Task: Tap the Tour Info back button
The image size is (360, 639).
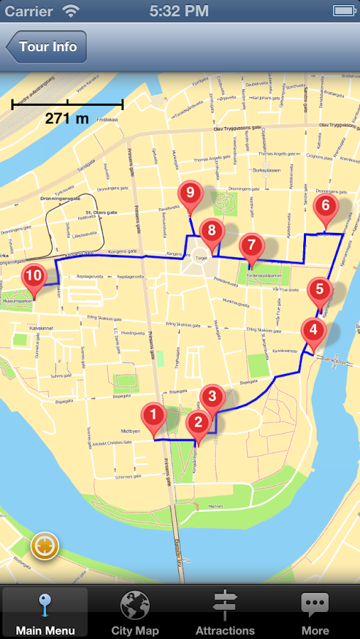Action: tap(46, 48)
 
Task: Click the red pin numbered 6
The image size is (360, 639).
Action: tap(326, 207)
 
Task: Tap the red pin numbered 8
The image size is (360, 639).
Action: tap(211, 231)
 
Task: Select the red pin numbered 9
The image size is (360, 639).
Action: tap(188, 192)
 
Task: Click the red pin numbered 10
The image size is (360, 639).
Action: tap(33, 276)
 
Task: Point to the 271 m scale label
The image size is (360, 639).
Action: tap(67, 119)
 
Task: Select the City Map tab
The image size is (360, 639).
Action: tap(135, 613)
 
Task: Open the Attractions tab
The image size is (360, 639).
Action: tap(224, 613)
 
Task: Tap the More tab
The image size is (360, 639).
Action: tap(315, 613)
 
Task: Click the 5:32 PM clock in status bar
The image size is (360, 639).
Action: tap(180, 11)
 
